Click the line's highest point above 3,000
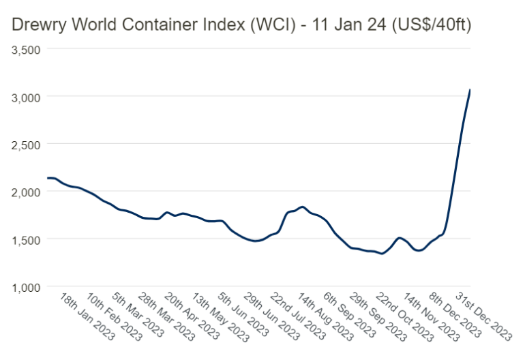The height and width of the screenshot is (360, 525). (470, 90)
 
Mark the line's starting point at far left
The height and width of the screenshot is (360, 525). (47, 178)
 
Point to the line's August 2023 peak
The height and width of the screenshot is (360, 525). (302, 207)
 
